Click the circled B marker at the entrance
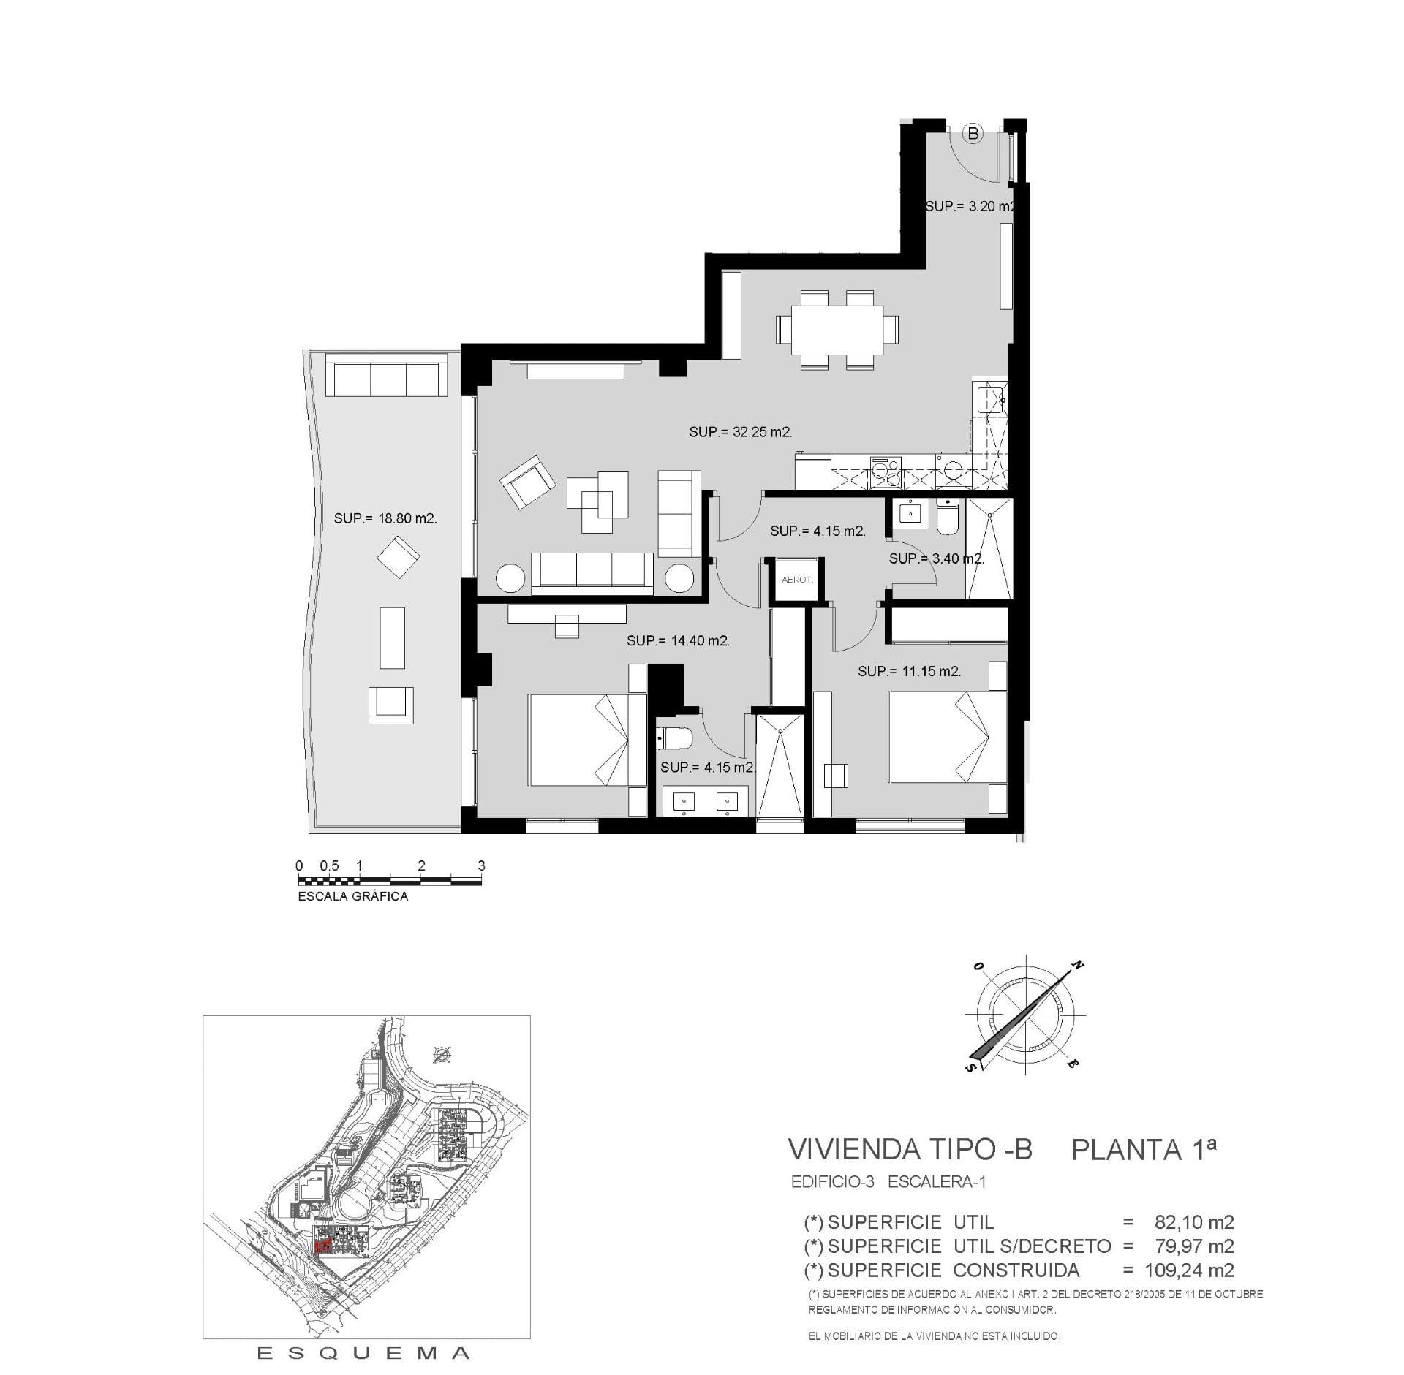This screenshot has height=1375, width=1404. [x=973, y=134]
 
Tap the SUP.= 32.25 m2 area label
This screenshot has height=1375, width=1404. [x=741, y=432]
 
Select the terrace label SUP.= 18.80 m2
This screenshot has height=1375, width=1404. [x=385, y=518]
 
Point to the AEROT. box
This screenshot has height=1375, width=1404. [x=797, y=580]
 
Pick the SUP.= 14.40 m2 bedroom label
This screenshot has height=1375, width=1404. [x=679, y=641]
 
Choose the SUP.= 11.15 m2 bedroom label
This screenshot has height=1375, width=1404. [x=910, y=671]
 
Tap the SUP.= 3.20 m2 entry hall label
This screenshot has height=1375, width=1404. [x=970, y=206]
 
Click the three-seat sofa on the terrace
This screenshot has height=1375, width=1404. [x=386, y=376]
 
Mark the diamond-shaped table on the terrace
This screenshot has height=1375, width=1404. [x=399, y=557]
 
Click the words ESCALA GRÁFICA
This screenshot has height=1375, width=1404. [x=353, y=896]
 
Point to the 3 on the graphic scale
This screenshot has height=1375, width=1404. [x=481, y=865]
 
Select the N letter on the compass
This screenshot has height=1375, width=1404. [x=1077, y=965]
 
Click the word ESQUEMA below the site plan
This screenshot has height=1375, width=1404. [x=363, y=1354]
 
